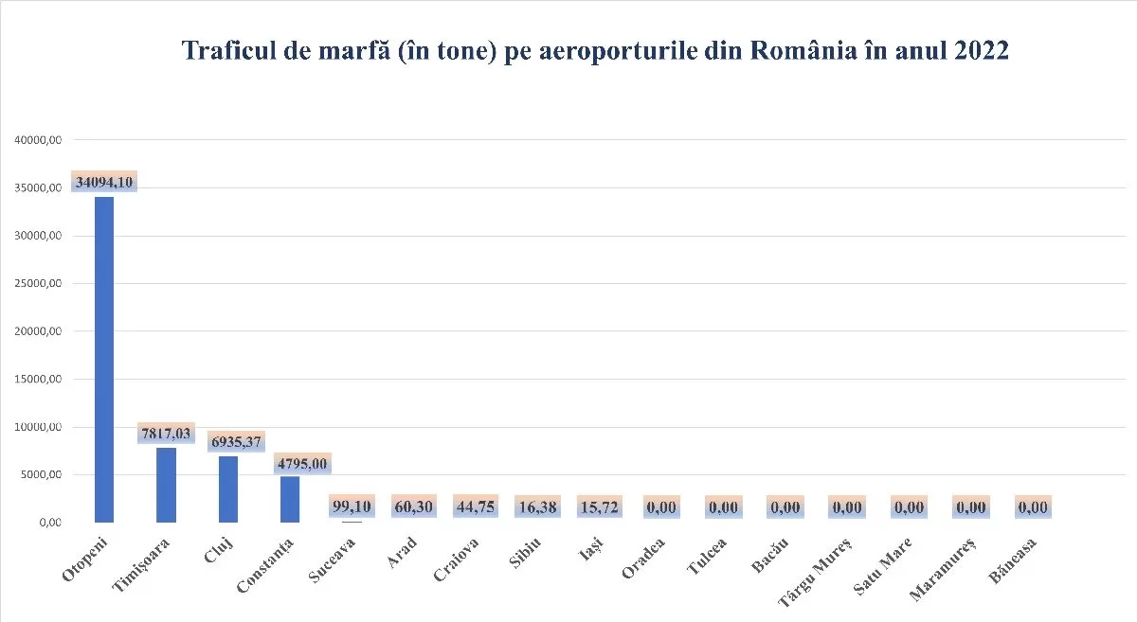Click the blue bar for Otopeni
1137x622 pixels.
coord(104,360)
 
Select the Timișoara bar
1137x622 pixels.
coord(166,485)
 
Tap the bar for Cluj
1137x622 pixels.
coord(228,489)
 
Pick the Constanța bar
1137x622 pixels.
coord(290,499)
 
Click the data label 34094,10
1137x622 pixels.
coord(104,182)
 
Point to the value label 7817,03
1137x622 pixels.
coord(167,433)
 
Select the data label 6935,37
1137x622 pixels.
coord(235,442)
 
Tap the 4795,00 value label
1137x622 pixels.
coord(302,464)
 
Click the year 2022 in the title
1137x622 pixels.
coord(977,51)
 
